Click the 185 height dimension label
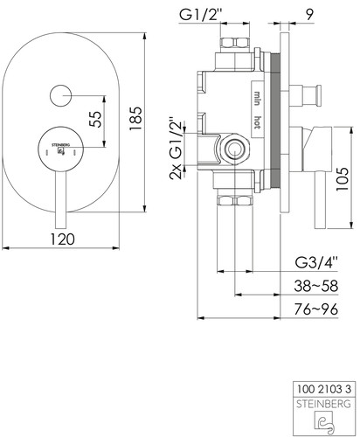[135, 119]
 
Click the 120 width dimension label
[62, 239]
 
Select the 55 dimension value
[96, 120]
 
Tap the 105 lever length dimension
[342, 179]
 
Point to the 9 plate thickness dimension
[309, 15]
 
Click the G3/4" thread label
[316, 262]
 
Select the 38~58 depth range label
[316, 286]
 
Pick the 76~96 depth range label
[316, 309]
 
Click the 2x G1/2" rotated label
[176, 149]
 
